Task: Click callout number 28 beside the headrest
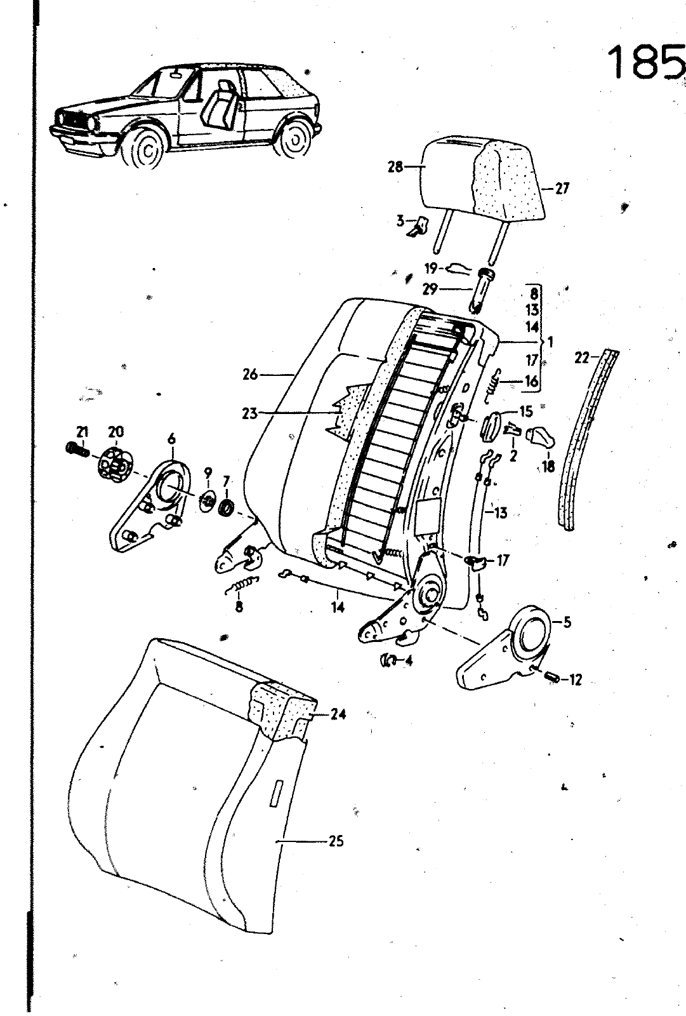click(395, 167)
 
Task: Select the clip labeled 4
click(388, 660)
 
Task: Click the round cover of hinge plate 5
click(532, 632)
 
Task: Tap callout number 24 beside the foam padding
click(338, 714)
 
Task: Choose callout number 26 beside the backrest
click(250, 375)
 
